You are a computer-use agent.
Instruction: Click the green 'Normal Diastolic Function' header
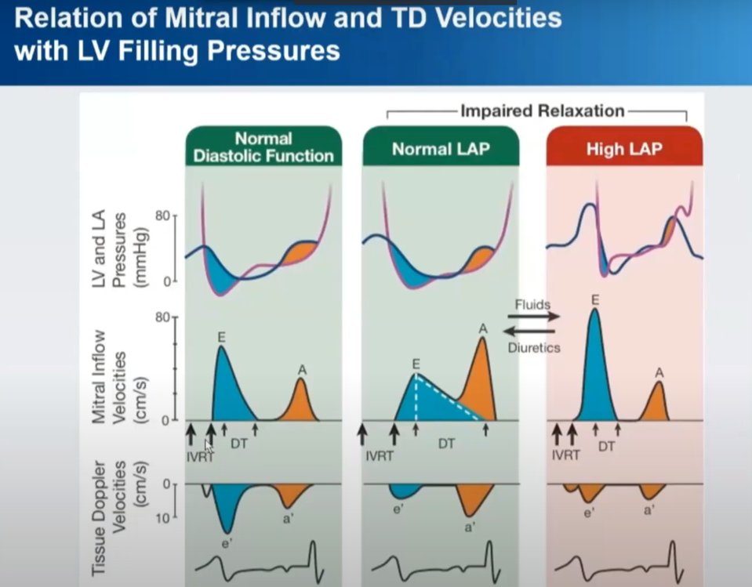pyautogui.click(x=263, y=146)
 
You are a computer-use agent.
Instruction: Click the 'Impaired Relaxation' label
pyautogui.click(x=543, y=111)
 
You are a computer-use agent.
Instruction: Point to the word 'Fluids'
pyautogui.click(x=532, y=305)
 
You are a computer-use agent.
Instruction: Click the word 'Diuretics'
pyautogui.click(x=534, y=347)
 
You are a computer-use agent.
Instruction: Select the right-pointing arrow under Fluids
pyautogui.click(x=533, y=317)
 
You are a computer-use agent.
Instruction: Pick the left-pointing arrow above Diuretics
pyautogui.click(x=529, y=331)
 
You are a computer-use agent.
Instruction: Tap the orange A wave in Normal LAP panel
pyautogui.click(x=480, y=383)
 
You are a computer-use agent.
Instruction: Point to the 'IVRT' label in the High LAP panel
pyautogui.click(x=565, y=455)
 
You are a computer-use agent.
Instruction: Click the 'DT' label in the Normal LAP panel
pyautogui.click(x=446, y=444)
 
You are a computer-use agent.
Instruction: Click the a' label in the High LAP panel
pyautogui.click(x=648, y=511)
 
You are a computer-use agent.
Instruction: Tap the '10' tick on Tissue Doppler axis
pyautogui.click(x=162, y=519)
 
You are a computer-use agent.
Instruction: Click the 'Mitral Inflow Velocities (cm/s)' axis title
pyautogui.click(x=118, y=377)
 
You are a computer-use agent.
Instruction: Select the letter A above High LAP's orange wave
pyautogui.click(x=659, y=373)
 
